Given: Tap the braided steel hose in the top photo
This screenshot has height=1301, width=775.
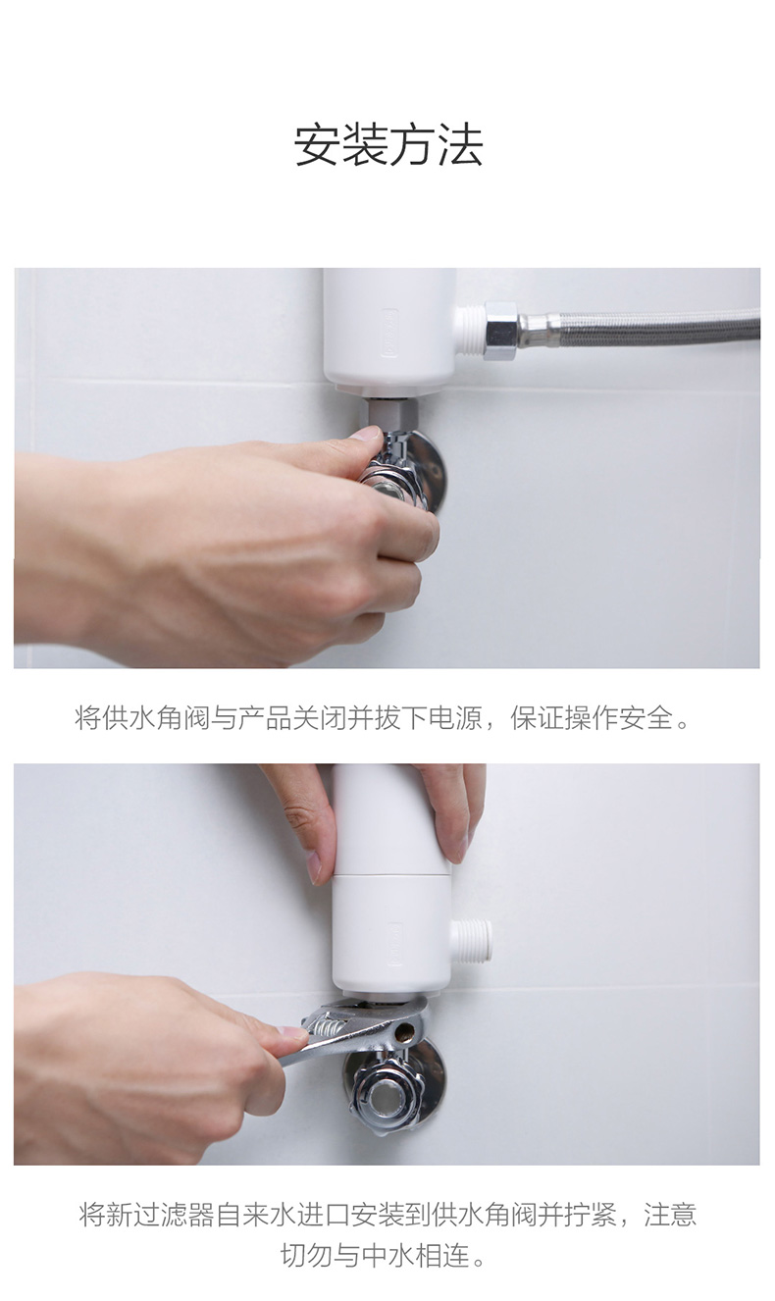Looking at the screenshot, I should click(647, 327).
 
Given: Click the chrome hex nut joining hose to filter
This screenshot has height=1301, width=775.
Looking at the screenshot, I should click(500, 332).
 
